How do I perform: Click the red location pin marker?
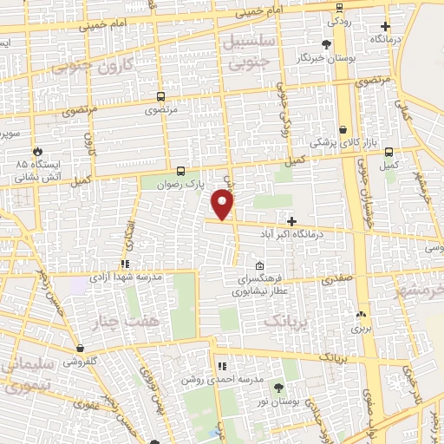[223, 205]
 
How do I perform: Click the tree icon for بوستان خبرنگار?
[326, 44]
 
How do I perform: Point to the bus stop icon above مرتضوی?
[160, 97]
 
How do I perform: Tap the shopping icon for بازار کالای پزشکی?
[343, 128]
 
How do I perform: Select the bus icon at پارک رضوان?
[180, 171]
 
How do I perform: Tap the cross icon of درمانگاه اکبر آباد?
[291, 221]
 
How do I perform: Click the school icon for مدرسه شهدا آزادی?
[126, 263]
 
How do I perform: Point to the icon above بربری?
[361, 315]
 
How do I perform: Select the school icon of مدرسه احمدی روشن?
[222, 366]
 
